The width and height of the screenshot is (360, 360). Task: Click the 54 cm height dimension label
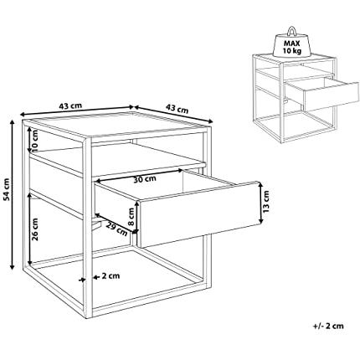coord(8,189)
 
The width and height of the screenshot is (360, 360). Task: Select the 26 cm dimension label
coord(35,229)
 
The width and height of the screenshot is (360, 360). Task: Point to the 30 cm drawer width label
coord(144,179)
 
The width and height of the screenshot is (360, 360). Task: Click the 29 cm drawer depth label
coord(116,229)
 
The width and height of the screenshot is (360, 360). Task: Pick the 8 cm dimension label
coord(131,217)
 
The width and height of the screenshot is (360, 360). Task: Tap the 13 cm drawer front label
coord(266,202)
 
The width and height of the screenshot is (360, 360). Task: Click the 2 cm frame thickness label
coord(111,276)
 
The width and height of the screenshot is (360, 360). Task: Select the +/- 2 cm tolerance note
coord(328,326)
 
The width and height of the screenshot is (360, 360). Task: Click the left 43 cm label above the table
coord(70,106)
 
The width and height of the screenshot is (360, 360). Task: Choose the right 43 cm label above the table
coord(177,108)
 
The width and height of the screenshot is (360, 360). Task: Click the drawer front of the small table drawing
coord(332,96)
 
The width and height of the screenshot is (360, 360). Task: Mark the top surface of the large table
coord(116,124)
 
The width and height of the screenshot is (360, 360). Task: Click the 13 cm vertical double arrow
coord(260,203)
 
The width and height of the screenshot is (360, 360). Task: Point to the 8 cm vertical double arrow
coord(136,217)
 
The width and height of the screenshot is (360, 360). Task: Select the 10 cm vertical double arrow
coord(30,140)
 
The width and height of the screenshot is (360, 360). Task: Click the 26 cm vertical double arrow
coord(30,228)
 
